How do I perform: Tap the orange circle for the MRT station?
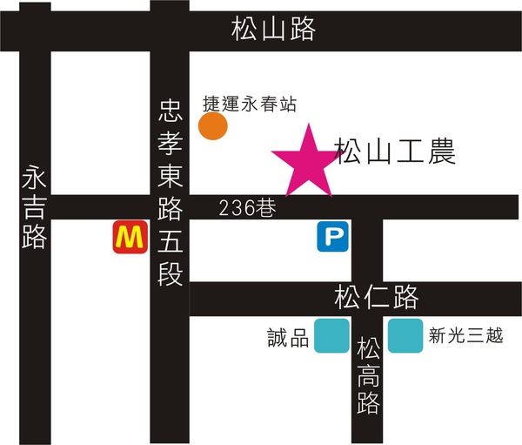pos(213,126)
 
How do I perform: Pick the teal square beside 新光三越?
pos(405,337)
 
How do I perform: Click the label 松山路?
pos(273,30)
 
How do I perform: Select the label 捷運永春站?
pos(250,104)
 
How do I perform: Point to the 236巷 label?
pos(246,207)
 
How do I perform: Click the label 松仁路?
pos(377,298)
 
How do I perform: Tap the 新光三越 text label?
pos(466,336)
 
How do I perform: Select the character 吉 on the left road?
pos(34,207)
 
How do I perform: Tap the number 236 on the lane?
pos(235,207)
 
